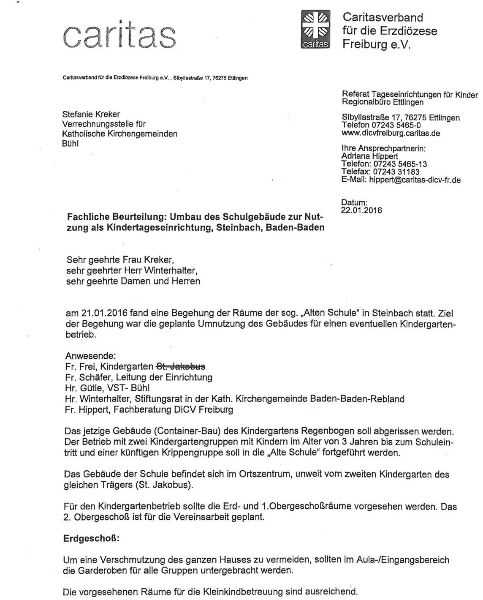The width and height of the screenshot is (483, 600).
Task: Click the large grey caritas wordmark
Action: point(119,35)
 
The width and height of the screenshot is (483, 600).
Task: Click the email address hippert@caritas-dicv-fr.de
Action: point(415,180)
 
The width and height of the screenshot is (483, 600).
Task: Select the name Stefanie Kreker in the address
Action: point(91,115)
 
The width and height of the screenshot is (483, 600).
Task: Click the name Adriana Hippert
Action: point(369,156)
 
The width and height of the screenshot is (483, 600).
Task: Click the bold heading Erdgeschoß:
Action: point(92,539)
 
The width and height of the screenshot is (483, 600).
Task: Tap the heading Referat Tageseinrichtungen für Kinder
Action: point(410,95)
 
